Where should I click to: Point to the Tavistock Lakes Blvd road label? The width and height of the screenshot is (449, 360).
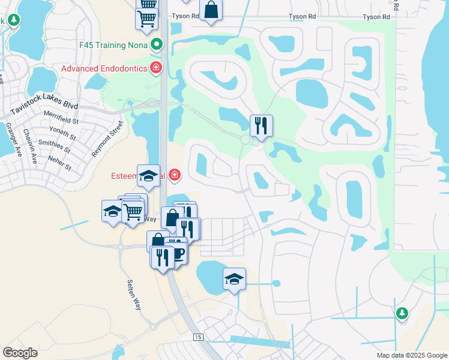tap(44, 109)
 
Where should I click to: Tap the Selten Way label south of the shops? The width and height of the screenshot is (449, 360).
tap(134, 295)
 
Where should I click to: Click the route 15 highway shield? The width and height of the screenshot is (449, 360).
tap(198, 338)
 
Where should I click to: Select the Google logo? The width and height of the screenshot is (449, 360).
tap(20, 353)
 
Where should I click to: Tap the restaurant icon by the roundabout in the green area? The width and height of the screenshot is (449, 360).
tap(261, 125)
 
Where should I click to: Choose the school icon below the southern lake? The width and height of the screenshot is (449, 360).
tap(235, 278)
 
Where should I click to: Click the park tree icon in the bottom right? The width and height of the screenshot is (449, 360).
tap(402, 313)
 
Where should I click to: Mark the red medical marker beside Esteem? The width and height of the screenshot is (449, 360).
tap(174, 175)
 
